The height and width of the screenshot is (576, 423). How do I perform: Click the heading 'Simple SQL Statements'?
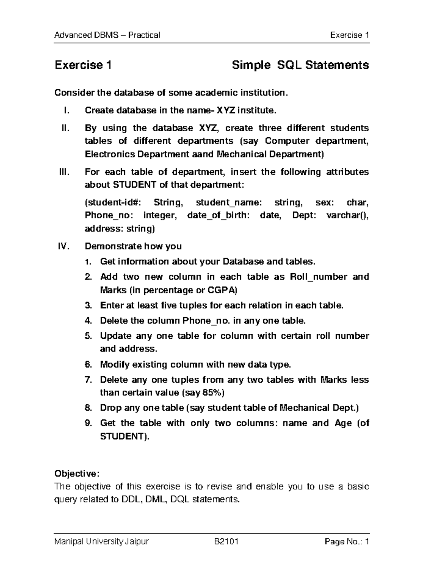pos(300,65)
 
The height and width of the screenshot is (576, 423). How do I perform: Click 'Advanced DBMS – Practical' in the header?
pos(107,35)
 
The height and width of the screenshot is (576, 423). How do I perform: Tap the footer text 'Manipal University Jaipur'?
pos(102,541)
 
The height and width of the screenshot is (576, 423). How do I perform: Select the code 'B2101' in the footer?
pos(226,541)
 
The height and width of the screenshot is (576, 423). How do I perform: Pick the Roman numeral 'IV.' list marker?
pos(64,246)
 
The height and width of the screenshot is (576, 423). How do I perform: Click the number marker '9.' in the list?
pos(88,423)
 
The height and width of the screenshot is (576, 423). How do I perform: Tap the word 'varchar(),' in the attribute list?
pos(348,215)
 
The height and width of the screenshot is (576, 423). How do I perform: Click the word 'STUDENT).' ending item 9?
pos(125,437)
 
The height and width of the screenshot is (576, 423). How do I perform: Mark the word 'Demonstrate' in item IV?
pos(111,246)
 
